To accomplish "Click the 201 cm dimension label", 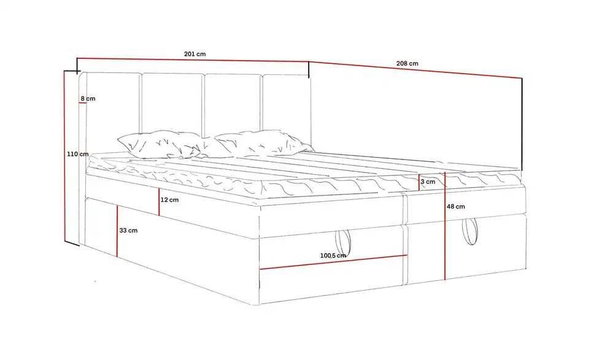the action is pyautogui.click(x=194, y=54).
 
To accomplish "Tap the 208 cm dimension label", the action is pyautogui.click(x=407, y=63).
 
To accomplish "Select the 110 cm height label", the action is pyautogui.click(x=78, y=154).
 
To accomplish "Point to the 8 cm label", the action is pyautogui.click(x=88, y=98).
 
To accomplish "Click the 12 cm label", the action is pyautogui.click(x=169, y=200).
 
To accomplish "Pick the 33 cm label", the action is pyautogui.click(x=128, y=231).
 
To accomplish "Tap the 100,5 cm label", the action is pyautogui.click(x=333, y=256).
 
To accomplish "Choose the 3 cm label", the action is pyautogui.click(x=428, y=182).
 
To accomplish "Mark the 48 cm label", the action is pyautogui.click(x=456, y=207).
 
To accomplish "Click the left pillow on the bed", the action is pyautogui.click(x=158, y=145).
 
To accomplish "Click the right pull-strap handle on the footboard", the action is pyautogui.click(x=470, y=232).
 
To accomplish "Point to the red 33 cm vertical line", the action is pyautogui.click(x=117, y=231).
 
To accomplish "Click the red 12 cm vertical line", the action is pyautogui.click(x=159, y=202).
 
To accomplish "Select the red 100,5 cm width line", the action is pyautogui.click(x=334, y=262).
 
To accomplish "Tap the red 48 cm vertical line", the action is pyautogui.click(x=445, y=226).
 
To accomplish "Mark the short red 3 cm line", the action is pyautogui.click(x=419, y=183).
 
